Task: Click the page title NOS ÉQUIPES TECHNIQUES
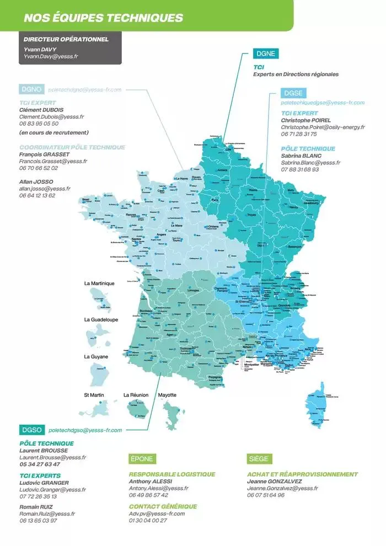point(103,18)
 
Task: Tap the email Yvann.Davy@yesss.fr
point(50,56)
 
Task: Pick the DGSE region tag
point(293,93)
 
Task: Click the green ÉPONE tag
point(142,459)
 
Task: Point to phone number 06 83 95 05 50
point(39,124)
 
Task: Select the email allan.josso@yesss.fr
point(45,189)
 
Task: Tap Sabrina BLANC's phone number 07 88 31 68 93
point(300,169)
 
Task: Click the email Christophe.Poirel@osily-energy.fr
point(323,127)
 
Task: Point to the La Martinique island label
point(99,283)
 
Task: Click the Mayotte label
point(167,395)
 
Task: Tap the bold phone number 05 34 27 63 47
point(40,464)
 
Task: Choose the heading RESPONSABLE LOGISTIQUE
point(172,474)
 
